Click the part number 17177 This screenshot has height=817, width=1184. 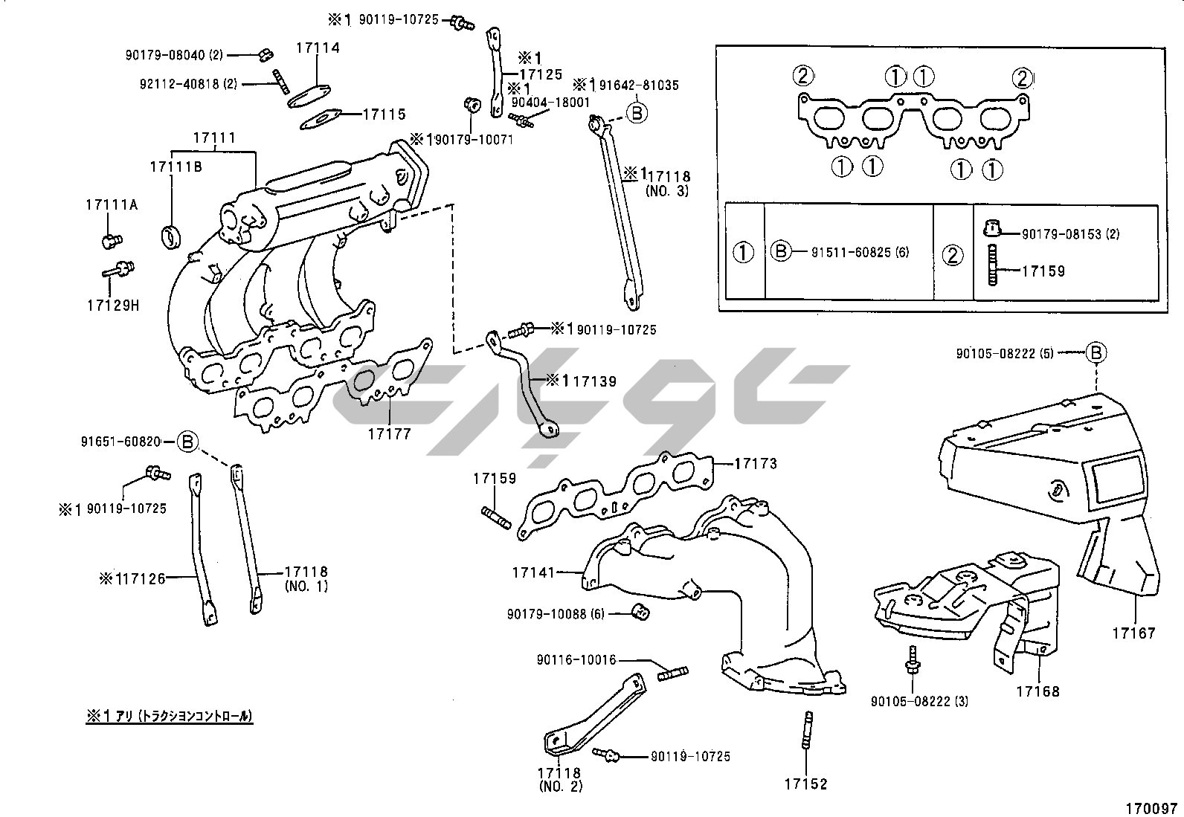tap(389, 433)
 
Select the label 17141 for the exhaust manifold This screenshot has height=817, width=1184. tap(533, 572)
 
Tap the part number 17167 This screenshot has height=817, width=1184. tap(1134, 633)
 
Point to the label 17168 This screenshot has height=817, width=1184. tap(1038, 691)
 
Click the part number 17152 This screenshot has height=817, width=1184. tap(805, 784)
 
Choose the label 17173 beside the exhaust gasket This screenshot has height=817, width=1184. tap(756, 464)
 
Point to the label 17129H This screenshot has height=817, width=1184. tap(113, 305)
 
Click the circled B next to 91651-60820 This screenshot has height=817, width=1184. tap(188, 442)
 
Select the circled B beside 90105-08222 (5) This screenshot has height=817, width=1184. tap(1096, 354)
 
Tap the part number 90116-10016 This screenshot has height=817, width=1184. tap(576, 660)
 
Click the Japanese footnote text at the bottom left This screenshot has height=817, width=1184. tap(170, 717)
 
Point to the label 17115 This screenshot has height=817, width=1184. tap(384, 114)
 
